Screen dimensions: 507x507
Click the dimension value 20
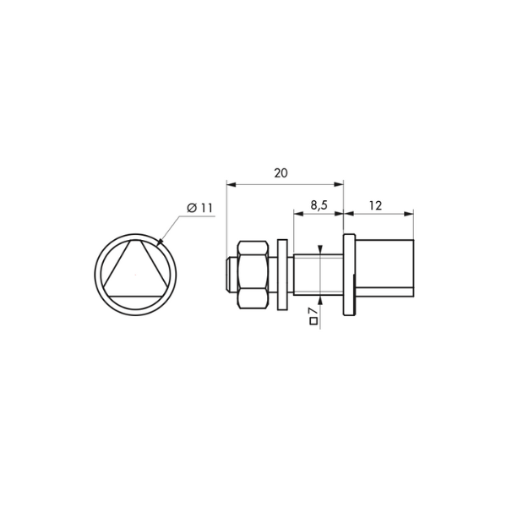point(281,173)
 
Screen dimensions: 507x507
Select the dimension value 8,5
point(319,205)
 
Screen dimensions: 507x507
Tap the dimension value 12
point(375,205)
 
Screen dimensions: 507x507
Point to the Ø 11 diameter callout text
point(199,208)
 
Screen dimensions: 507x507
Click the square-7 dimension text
point(313,316)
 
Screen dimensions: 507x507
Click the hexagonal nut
point(253,275)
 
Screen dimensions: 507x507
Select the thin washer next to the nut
point(282,275)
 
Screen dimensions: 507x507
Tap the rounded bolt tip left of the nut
point(232,275)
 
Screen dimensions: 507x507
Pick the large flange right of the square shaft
point(349,275)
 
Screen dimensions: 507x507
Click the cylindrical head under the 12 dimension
point(384,268)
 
